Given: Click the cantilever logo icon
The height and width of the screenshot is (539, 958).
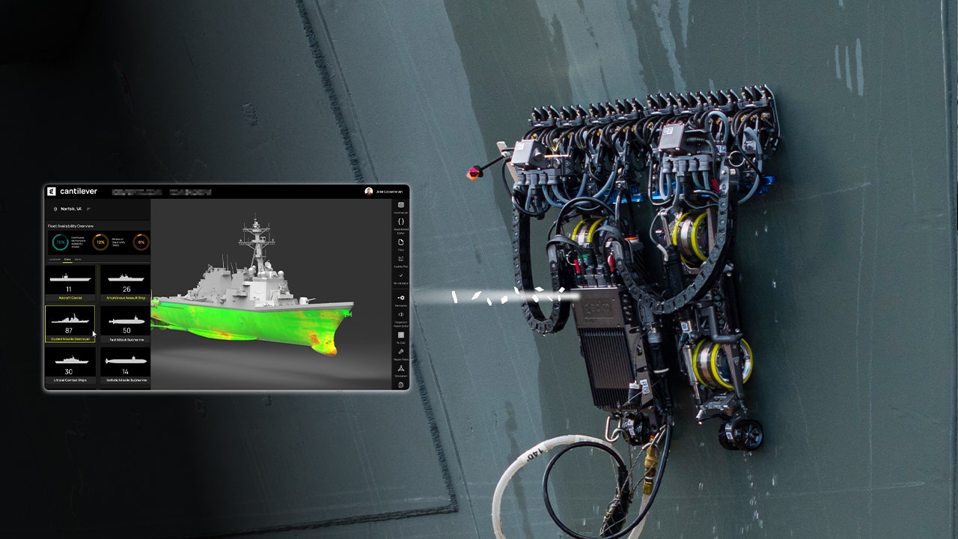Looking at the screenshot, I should coord(52,191).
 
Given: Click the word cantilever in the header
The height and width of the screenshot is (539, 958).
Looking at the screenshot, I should coord(79,191).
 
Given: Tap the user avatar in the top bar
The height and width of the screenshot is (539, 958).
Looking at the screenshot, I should coord(369,191).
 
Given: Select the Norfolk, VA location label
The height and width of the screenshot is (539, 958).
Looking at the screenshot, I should coord(72,209).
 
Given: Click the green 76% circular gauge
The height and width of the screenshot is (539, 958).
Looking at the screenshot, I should coord(60,242).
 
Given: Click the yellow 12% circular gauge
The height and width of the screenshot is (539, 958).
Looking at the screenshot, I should coord(100,242).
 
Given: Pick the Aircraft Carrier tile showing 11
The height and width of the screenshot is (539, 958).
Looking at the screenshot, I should coord(69,282).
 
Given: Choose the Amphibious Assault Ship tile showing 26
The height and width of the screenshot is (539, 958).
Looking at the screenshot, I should coord(126,282).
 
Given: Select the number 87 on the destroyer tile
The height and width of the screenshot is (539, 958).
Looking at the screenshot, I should coord(69,330).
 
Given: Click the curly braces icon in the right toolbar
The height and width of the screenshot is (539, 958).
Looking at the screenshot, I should coord(401,222).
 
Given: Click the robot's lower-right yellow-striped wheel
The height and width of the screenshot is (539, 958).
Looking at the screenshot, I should coord(721,362).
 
